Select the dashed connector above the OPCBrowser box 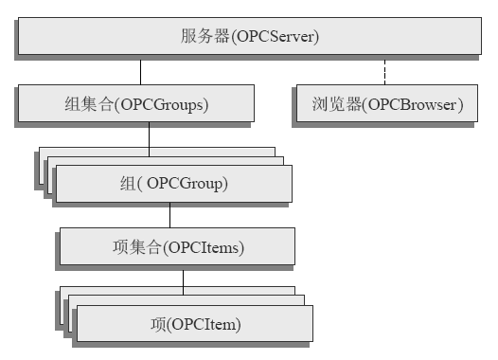pos(384,71)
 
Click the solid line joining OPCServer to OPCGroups pos(141,71)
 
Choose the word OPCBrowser pos(414,104)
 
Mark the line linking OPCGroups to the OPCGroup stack pos(149,135)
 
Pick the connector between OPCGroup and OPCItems pos(170,215)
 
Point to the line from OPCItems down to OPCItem pos(184,278)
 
